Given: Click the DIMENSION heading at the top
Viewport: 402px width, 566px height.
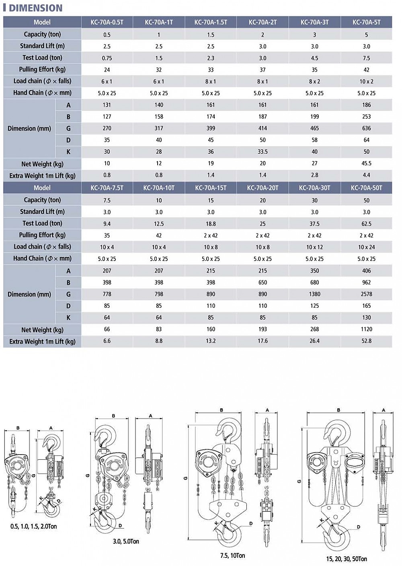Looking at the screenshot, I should click(x=35, y=8).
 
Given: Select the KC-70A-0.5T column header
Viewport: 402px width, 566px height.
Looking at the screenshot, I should click(x=107, y=22).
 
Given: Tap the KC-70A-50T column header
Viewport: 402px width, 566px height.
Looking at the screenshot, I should click(x=366, y=188).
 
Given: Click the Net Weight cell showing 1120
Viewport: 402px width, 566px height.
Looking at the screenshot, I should click(x=366, y=329).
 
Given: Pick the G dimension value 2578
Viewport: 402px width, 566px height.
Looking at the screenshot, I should click(x=366, y=294).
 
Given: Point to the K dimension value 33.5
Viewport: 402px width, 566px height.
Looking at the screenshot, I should click(x=263, y=152).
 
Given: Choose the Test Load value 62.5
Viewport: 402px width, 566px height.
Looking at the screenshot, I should click(x=366, y=224).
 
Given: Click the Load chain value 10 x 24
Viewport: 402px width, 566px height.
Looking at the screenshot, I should click(x=366, y=247).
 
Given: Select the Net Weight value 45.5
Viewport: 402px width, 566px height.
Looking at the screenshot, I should click(x=366, y=163).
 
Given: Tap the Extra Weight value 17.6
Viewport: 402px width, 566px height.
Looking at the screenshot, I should click(x=263, y=341).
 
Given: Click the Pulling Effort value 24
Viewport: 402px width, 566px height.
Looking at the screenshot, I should click(x=107, y=70).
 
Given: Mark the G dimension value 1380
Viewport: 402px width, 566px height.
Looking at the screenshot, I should click(x=314, y=294).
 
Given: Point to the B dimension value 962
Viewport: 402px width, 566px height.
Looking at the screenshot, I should click(x=366, y=282).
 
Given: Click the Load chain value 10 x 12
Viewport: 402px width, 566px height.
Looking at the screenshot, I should click(x=314, y=247).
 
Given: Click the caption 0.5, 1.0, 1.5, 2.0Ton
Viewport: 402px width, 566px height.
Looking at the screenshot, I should click(x=34, y=526).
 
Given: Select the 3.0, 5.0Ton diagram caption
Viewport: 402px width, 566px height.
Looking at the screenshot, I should click(x=126, y=541).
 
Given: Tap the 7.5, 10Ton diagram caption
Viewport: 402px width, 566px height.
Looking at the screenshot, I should click(x=232, y=556).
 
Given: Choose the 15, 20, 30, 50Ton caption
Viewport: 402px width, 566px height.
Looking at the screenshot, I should click(x=347, y=559).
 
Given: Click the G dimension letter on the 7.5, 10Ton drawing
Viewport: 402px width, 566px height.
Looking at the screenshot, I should click(x=185, y=478).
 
